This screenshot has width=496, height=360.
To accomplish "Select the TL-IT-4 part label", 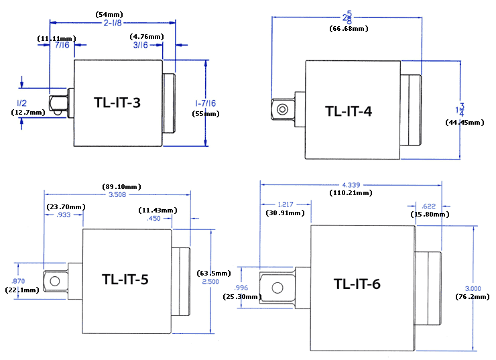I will click(349, 111).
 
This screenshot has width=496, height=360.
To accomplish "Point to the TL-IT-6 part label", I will click(357, 284).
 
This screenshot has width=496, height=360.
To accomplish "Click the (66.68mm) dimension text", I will click(348, 29).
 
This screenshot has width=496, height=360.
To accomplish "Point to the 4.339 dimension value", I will click(353, 184).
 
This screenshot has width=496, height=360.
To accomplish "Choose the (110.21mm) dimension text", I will click(353, 193).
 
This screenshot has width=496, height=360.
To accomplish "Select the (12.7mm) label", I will click(28, 113).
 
